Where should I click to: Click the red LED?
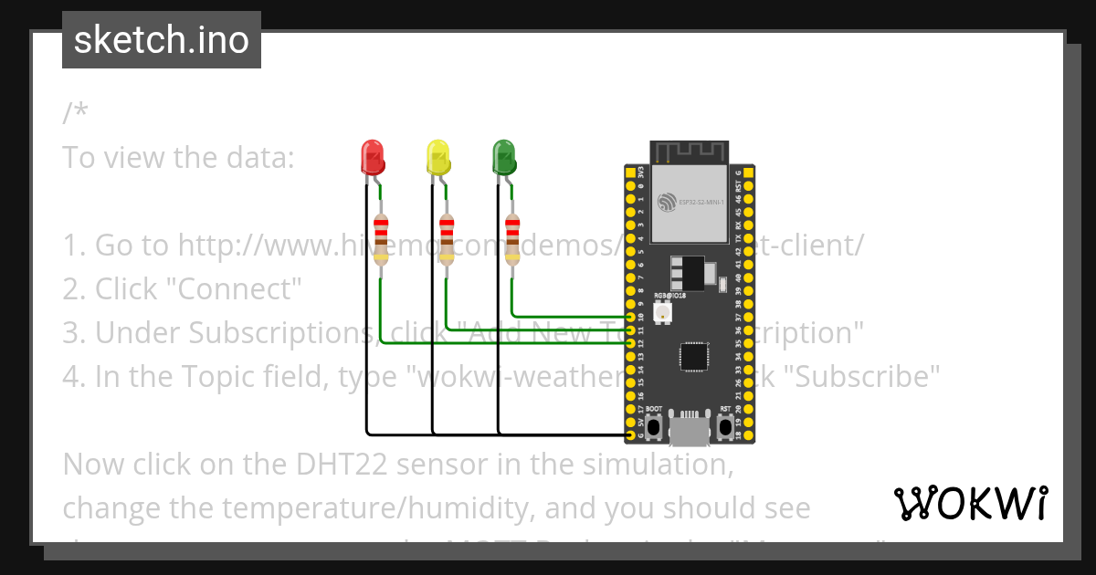(373, 158)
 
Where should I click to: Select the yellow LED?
(438, 158)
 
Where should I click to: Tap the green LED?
(503, 158)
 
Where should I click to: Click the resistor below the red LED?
(381, 240)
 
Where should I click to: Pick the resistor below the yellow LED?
(447, 240)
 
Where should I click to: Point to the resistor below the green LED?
(512, 240)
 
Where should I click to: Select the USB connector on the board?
(690, 429)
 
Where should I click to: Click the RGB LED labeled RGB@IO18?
(661, 311)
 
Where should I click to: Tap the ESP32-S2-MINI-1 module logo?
(667, 201)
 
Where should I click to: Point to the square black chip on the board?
(694, 355)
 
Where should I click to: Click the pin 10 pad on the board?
(630, 317)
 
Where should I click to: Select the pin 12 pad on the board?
(630, 343)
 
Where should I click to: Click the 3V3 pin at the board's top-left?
(630, 172)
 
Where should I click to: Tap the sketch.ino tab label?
(162, 40)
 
